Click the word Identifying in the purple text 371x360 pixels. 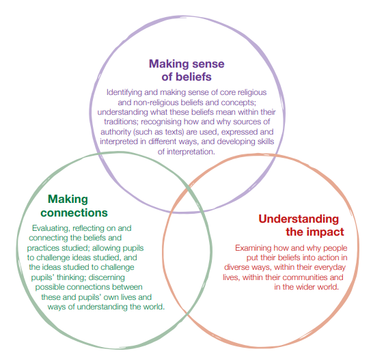click(x=124, y=92)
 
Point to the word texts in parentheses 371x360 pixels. click(x=174, y=132)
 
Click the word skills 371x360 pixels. click(x=264, y=141)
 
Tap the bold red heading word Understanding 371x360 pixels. click(x=299, y=219)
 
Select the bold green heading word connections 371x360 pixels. click(x=74, y=213)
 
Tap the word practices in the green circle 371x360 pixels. click(x=43, y=248)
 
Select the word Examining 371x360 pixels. click(x=253, y=248)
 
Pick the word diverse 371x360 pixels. click(x=236, y=267)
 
